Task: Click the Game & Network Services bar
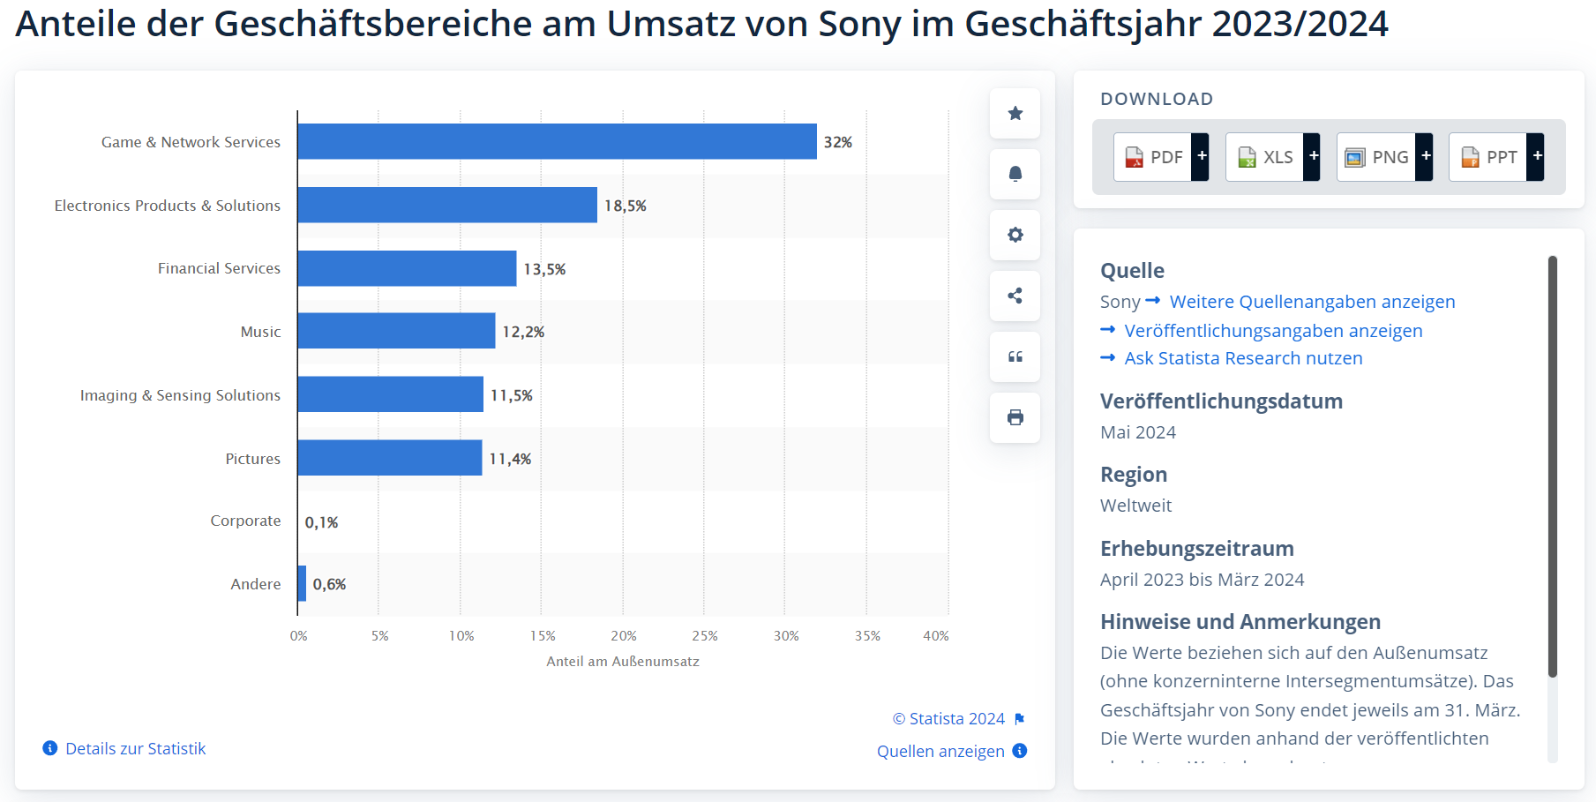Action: [x=557, y=141]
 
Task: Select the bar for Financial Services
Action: [x=407, y=268]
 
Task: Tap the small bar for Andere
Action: [x=303, y=583]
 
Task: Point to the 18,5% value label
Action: [x=626, y=206]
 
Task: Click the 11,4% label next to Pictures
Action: [x=510, y=459]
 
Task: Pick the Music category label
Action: [x=260, y=332]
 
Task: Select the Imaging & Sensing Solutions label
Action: [x=180, y=395]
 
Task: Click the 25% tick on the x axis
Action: [x=705, y=636]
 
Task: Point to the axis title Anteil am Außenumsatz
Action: [x=622, y=662]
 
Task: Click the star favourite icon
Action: [x=1015, y=113]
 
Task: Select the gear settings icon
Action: [x=1015, y=235]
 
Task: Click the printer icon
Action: [x=1015, y=417]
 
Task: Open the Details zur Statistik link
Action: [x=135, y=749]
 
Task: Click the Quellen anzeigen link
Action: [x=940, y=751]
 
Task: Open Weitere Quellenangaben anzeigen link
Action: [x=1312, y=302]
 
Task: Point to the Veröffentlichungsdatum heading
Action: [x=1221, y=401]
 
